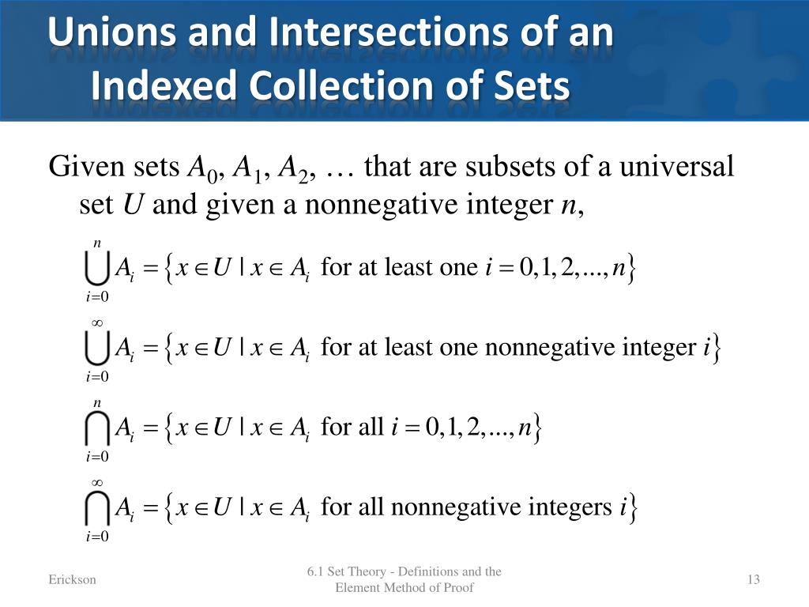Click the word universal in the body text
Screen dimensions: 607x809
click(x=675, y=168)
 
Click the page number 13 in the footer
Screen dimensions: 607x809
click(x=753, y=580)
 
